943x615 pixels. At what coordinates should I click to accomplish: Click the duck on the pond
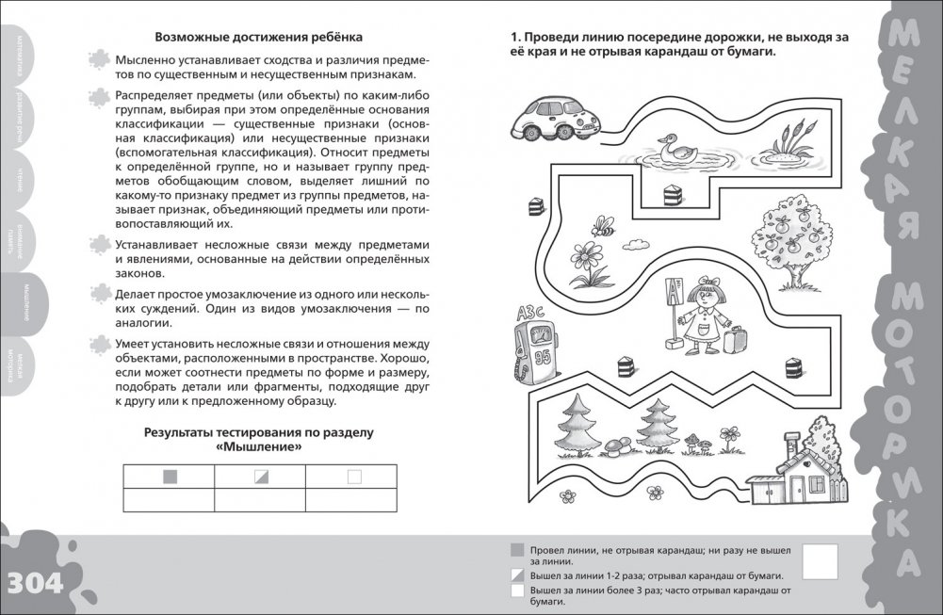coord(675,150)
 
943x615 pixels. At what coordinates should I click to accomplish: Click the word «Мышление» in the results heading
coord(259,447)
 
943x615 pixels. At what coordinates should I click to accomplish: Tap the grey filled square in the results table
coord(169,477)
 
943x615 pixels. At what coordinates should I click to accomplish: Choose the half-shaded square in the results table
coord(261,477)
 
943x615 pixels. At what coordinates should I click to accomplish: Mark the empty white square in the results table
coord(354,477)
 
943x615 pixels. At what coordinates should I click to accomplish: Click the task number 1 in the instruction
coord(514,37)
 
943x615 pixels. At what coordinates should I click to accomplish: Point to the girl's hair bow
coord(702,280)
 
